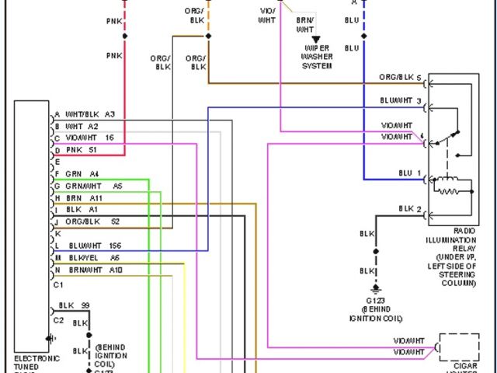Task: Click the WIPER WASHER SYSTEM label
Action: pyautogui.click(x=317, y=57)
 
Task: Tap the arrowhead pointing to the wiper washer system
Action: pyautogui.click(x=316, y=40)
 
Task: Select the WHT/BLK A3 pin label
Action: pyautogui.click(x=90, y=114)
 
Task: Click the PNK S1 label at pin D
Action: pyautogui.click(x=82, y=149)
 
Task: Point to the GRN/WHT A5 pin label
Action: pyautogui.click(x=93, y=186)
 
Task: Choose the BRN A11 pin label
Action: pyautogui.click(x=85, y=198)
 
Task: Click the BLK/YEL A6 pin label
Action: pyautogui.click(x=93, y=257)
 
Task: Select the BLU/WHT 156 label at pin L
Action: pyautogui.click(x=94, y=246)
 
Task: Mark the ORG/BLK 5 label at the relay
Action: pyautogui.click(x=400, y=78)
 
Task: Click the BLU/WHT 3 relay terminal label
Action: pyautogui.click(x=401, y=101)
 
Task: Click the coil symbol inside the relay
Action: pyautogui.click(x=449, y=185)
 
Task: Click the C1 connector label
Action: pyautogui.click(x=58, y=284)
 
